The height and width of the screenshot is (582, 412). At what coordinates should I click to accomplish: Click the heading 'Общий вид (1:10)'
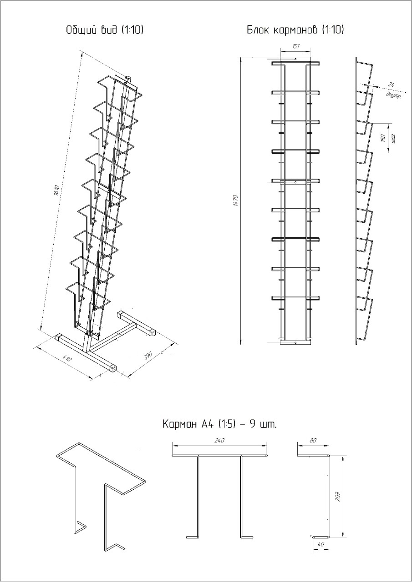(x=105, y=30)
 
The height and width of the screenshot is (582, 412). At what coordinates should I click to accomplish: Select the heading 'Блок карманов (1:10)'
(x=295, y=30)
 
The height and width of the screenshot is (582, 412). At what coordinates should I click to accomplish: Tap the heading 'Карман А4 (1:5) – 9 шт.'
(x=219, y=425)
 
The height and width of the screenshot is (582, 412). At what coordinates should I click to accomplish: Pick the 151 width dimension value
(x=295, y=46)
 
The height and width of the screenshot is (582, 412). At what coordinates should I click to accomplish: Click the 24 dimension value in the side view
(x=391, y=85)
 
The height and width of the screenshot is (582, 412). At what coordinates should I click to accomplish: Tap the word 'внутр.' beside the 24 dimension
(x=393, y=95)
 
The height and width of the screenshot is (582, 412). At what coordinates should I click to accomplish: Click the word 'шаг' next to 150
(x=393, y=138)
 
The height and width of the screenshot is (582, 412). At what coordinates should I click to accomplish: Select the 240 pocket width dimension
(x=219, y=441)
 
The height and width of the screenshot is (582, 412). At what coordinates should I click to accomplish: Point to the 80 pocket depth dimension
(x=312, y=441)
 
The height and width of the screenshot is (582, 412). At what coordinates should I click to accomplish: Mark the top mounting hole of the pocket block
(x=295, y=60)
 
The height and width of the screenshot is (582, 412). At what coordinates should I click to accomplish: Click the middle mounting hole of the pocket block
(x=295, y=182)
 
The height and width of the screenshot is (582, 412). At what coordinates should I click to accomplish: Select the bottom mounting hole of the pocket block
(x=295, y=341)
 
